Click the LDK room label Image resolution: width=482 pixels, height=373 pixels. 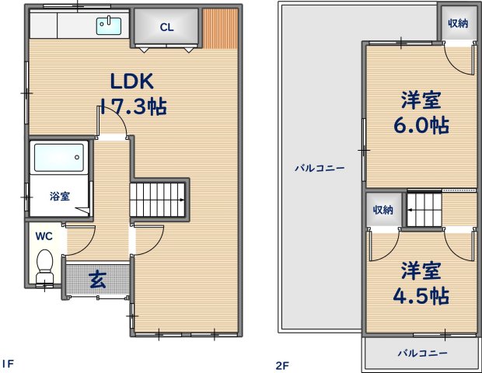coord(131,81)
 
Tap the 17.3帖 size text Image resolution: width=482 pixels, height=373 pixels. coord(134,106)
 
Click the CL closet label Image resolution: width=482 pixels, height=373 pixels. coord(166,27)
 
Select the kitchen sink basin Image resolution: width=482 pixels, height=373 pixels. coord(109,26)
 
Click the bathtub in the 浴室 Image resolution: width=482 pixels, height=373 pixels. coord(59,158)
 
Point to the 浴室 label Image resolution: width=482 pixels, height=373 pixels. coord(60,196)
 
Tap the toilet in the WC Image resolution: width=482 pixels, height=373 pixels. coord(44,266)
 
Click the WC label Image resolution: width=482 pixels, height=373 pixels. coord(44,236)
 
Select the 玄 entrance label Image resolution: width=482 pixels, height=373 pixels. coord(98,279)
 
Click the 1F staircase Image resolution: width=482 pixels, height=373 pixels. coord(157,200)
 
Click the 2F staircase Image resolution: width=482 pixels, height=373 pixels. coord(424,210)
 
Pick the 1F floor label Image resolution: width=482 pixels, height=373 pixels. coord(8,364)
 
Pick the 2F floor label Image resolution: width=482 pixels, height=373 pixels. coord(282,366)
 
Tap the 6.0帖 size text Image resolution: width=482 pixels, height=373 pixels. coord(421,125)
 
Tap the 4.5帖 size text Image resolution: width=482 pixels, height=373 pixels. coord(421,295)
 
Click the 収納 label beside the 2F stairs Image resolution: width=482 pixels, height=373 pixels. coord(382,210)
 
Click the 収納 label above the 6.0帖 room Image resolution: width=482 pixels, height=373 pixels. coord(458,23)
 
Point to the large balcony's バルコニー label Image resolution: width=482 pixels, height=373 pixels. coord(320,168)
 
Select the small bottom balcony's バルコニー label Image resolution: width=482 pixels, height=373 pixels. coord(422,353)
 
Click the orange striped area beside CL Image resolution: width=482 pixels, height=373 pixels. coord(221,29)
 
